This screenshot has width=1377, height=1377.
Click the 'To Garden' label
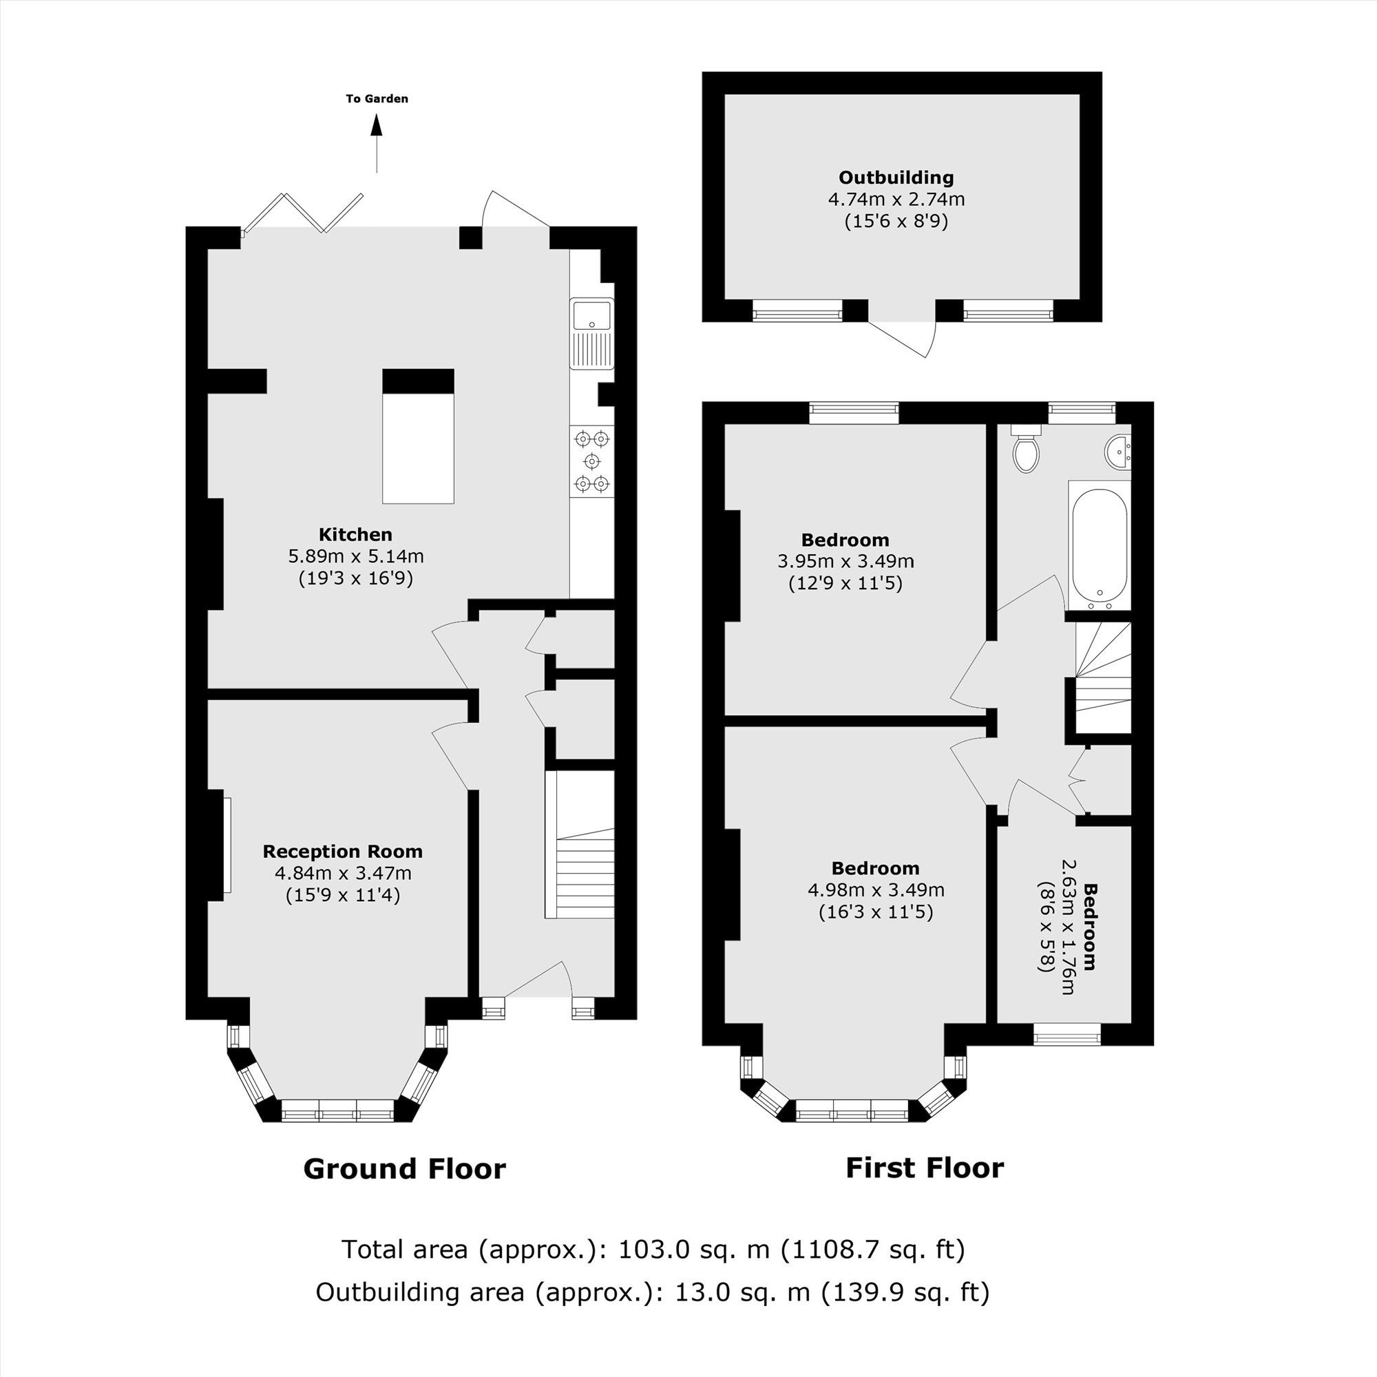tap(377, 99)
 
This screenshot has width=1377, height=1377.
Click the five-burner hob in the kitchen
tap(591, 461)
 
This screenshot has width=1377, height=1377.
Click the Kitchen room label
tap(355, 534)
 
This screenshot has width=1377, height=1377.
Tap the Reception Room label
tap(343, 851)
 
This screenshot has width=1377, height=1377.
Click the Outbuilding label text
tap(896, 178)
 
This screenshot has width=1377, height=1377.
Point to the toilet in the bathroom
tap(1026, 450)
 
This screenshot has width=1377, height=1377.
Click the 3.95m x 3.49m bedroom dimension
tap(845, 562)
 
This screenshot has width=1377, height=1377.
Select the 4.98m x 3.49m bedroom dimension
tap(876, 890)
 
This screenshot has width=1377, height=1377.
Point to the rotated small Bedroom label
tap(1089, 926)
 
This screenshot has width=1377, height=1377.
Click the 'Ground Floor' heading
tap(404, 1170)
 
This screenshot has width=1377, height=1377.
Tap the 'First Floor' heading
tap(925, 1168)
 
